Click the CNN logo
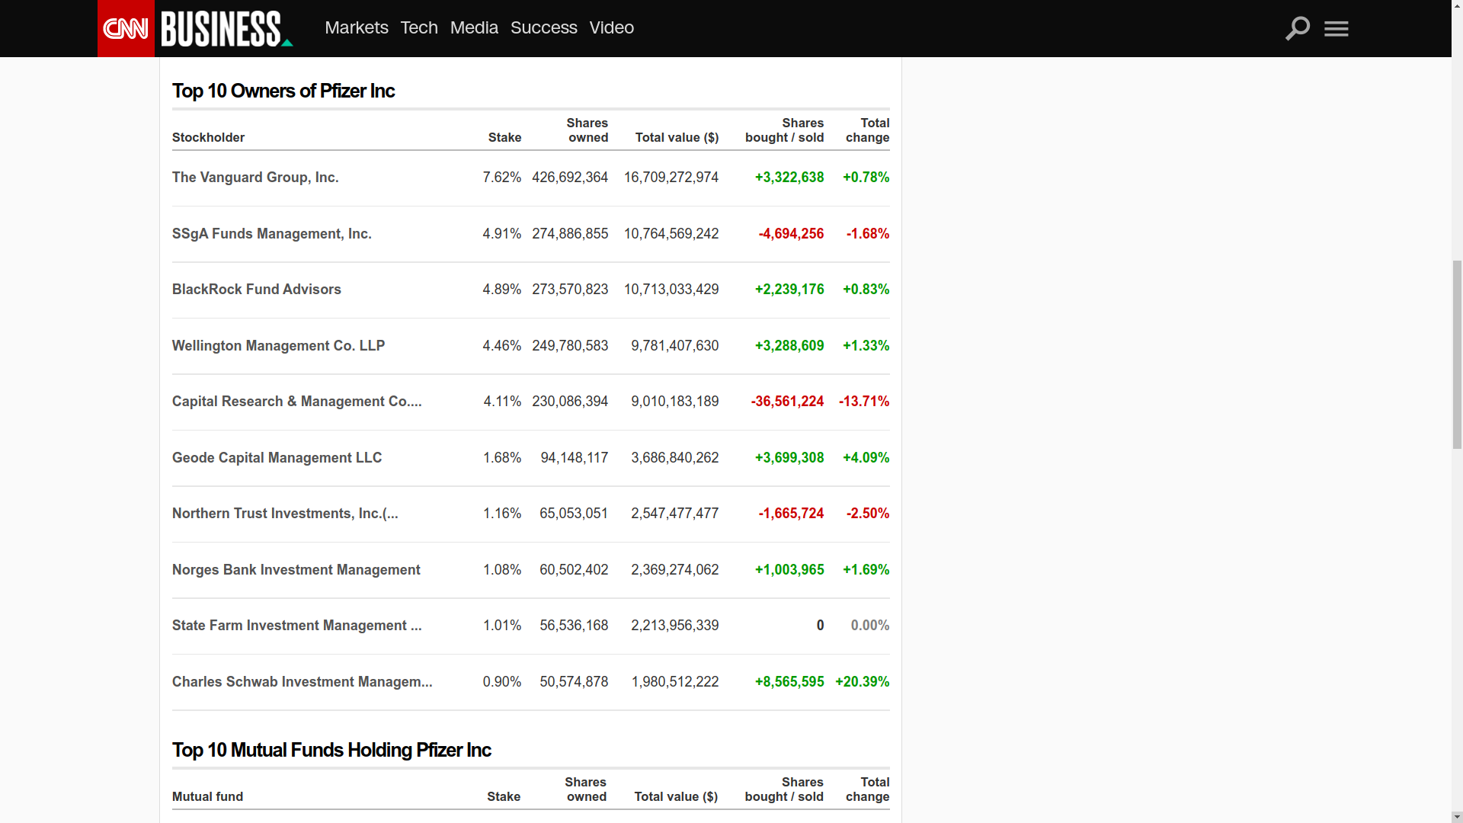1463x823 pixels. point(126,29)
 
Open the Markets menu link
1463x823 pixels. point(356,27)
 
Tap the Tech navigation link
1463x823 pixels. point(419,27)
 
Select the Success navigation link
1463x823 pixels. point(543,27)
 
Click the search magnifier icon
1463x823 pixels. point(1297,28)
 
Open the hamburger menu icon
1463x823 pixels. point(1336,29)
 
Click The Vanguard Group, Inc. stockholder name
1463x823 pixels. point(255,178)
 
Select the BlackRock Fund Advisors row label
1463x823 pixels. point(257,290)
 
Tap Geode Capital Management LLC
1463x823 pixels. point(277,458)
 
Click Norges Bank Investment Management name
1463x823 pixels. point(296,570)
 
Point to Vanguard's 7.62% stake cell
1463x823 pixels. point(501,178)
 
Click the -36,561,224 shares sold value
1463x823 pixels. point(787,402)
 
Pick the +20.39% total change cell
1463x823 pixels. point(862,682)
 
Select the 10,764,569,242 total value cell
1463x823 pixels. point(671,234)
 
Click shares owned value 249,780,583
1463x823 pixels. point(570,346)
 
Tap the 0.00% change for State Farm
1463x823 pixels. point(869,626)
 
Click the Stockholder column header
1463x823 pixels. point(208,138)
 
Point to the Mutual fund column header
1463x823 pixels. point(207,797)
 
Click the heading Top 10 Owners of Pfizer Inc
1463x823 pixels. point(283,91)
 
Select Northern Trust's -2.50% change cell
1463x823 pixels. point(867,514)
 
